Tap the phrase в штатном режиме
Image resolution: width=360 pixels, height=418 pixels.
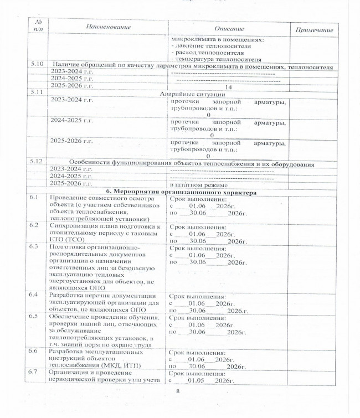198,184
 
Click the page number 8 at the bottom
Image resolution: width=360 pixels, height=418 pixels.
178,392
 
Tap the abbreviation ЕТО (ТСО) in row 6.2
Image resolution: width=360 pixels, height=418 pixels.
69,240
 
